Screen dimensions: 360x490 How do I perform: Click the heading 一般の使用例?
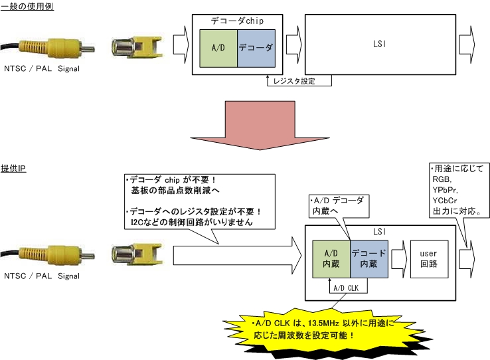pyautogui.click(x=27, y=6)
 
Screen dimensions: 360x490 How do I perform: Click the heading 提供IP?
pyautogui.click(x=14, y=169)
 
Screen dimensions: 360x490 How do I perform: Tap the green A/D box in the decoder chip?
pyautogui.click(x=218, y=48)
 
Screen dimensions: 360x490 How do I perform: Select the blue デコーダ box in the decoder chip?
pyautogui.click(x=256, y=48)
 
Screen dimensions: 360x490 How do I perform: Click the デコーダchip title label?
pyautogui.click(x=237, y=21)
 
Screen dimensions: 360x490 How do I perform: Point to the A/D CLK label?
pyautogui.click(x=347, y=288)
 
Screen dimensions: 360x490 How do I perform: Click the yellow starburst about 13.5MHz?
pyautogui.click(x=323, y=327)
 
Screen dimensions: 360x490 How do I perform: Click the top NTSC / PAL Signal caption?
pyautogui.click(x=41, y=68)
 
